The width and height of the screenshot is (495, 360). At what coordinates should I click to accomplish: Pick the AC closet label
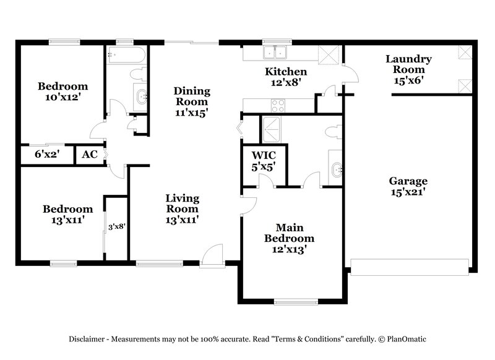pos(90,155)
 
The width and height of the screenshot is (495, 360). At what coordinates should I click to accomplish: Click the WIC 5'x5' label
pos(262,160)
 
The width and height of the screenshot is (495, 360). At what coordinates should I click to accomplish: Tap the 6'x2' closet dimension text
pos(46,155)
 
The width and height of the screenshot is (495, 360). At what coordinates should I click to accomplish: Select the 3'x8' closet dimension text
pos(116,227)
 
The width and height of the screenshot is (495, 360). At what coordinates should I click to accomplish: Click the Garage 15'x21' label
pos(408,187)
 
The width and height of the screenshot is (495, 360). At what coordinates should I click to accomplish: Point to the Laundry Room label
pos(408,64)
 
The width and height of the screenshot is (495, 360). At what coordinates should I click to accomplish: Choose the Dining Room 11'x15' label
pos(191,101)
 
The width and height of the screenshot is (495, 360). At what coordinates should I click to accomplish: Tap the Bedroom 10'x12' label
pos(62,92)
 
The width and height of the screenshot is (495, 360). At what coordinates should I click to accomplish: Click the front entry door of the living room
pos(211,256)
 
